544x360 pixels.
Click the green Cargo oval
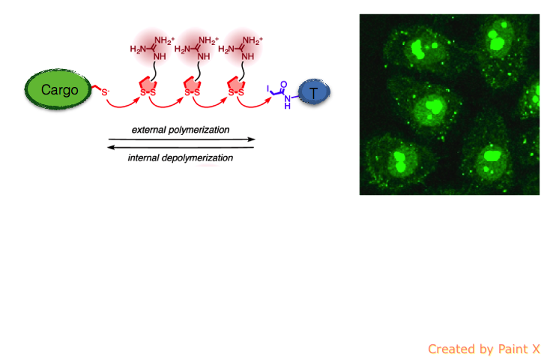pos(58,91)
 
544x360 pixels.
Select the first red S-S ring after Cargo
pos(147,89)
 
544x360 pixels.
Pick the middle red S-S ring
pos(192,89)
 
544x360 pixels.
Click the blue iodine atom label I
pos(268,88)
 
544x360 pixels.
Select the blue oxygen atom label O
pos(282,85)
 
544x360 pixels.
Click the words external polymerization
pos(181,130)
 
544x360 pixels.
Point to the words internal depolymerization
pos(181,157)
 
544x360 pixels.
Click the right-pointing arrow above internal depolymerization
pos(181,139)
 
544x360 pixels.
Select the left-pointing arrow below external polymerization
pos(181,148)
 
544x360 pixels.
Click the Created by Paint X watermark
pos(483,349)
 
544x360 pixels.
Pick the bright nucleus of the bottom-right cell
pos(492,156)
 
